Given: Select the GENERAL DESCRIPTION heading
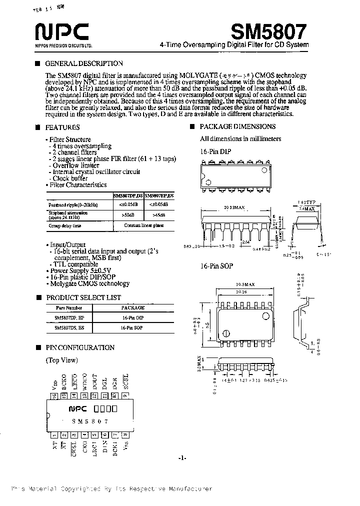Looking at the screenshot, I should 84,63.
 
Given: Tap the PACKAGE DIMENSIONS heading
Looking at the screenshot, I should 237,126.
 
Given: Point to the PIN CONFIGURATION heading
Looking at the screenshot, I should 80,347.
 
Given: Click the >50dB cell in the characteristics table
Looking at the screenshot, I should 127,214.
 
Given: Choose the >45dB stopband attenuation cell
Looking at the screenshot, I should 159,214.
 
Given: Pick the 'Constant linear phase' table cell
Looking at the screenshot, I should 144,225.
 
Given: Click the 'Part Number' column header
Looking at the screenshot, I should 69,307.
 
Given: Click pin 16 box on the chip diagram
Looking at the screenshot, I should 54,395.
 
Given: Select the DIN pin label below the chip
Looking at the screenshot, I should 105,445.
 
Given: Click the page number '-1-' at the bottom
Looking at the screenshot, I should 182,458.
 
